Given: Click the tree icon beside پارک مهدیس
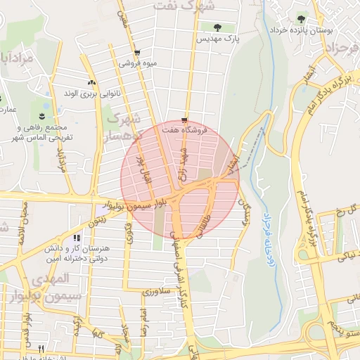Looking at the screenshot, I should [216, 27].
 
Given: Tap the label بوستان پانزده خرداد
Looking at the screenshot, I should [301, 31].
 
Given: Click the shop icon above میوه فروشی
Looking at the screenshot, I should [136, 53].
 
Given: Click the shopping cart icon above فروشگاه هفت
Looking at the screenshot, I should [184, 120].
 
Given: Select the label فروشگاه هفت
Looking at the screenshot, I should [184, 130].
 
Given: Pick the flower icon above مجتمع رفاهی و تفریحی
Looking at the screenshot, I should [43, 115].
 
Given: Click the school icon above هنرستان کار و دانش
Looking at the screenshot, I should [77, 238].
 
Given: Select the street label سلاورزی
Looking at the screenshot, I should [156, 290].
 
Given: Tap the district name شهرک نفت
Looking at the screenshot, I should [195, 6].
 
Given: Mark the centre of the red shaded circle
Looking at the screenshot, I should [180, 180].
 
